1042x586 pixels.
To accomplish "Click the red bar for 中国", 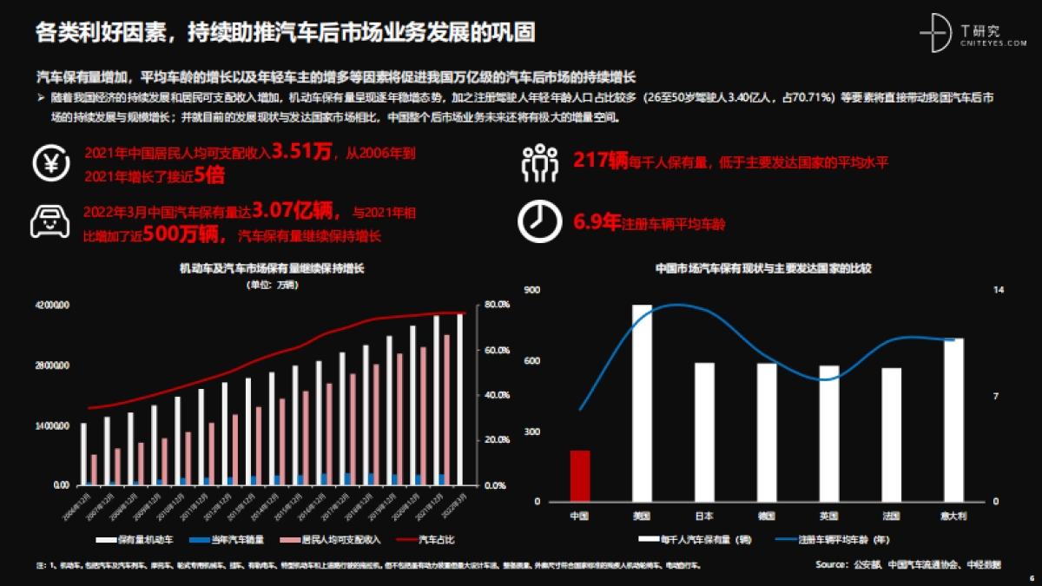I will point(579,476).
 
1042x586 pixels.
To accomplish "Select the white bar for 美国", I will point(642,404).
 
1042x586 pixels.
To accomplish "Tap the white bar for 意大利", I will point(953,420).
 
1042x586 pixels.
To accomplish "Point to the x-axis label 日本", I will point(704,516).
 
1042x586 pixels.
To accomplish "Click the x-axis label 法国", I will point(891,516).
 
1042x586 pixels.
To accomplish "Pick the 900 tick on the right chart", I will point(532,290).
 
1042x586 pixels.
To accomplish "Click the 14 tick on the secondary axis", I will point(998,290).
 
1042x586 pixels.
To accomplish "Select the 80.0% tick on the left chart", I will point(496,305).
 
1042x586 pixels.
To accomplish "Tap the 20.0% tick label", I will point(496,440).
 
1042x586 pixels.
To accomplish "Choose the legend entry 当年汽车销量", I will point(226,540).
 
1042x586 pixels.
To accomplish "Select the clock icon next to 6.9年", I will point(538,222).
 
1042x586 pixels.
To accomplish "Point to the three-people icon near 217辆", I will point(538,161).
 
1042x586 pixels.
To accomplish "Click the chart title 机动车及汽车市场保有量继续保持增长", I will point(272,270).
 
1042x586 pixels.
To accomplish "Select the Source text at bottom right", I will point(908,564).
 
